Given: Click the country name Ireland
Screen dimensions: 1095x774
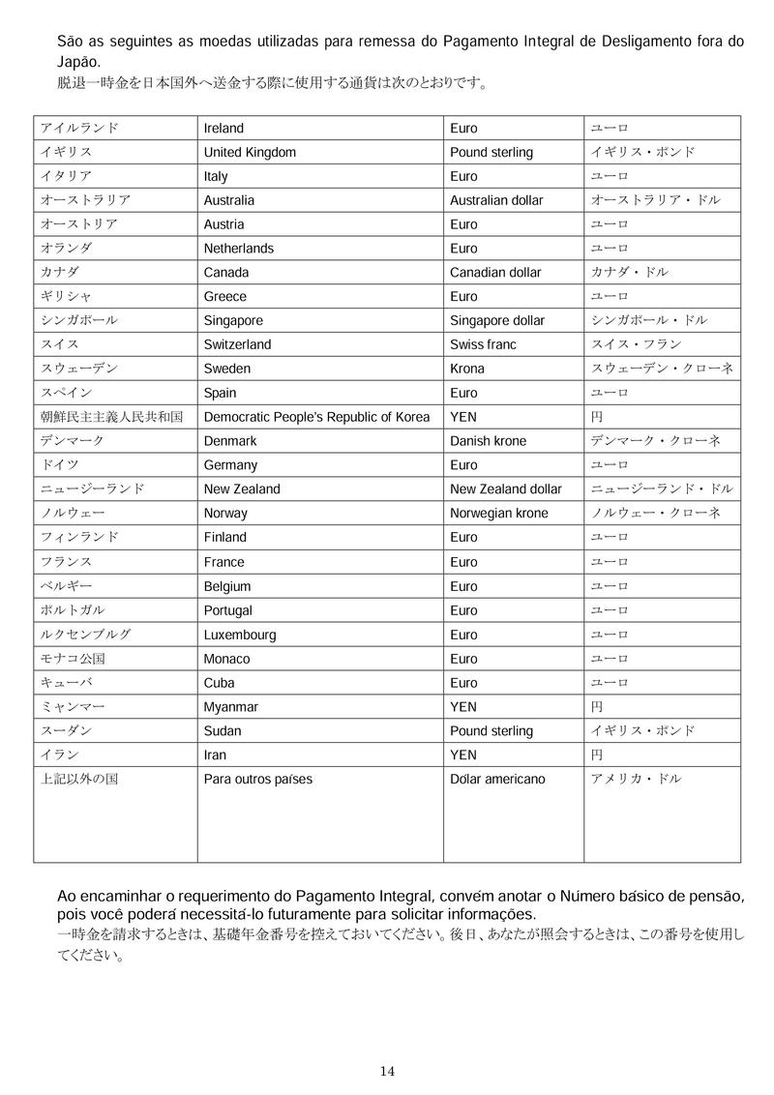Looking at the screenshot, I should click(223, 129).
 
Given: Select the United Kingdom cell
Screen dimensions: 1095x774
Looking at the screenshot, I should click(250, 153).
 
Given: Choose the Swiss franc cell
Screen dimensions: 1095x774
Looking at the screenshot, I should click(483, 344).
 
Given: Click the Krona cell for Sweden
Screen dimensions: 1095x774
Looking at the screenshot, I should click(467, 369).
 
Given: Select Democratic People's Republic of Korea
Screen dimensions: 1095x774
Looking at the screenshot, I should click(316, 417).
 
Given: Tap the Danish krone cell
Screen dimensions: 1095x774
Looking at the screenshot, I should click(489, 441).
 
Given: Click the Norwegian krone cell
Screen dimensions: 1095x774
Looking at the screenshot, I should click(499, 514).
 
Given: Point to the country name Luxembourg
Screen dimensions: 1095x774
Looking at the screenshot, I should click(240, 636).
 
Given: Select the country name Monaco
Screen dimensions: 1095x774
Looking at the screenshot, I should click(226, 659).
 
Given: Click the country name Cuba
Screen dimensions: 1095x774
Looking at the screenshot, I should click(219, 683).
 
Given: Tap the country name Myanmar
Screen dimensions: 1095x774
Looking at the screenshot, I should click(231, 707).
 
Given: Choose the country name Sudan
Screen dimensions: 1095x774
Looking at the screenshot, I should click(223, 731).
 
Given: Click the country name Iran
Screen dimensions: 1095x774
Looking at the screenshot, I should click(215, 755).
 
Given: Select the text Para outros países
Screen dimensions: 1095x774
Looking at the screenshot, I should click(258, 780).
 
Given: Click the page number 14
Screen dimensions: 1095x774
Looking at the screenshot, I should click(387, 1071).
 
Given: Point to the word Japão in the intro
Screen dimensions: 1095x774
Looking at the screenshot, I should click(78, 60).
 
